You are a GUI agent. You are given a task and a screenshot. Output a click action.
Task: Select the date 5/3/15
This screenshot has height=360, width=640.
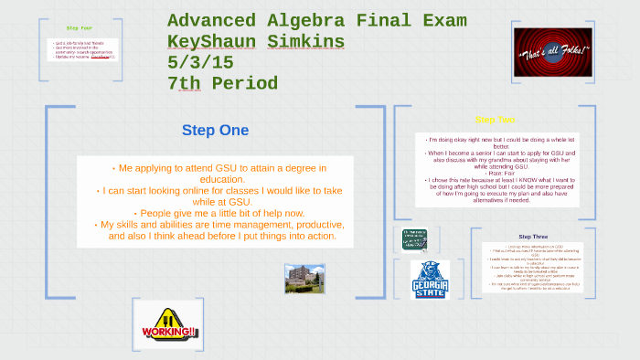(x=198, y=63)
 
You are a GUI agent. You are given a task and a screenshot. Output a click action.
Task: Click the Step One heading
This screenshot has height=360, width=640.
(x=215, y=131)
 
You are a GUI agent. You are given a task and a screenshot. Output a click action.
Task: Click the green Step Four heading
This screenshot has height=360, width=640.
(x=80, y=28)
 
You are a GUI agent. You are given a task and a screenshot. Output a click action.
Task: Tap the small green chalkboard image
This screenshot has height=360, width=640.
(x=416, y=240)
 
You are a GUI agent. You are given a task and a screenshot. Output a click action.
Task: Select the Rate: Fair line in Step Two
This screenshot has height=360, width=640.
(x=496, y=171)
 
